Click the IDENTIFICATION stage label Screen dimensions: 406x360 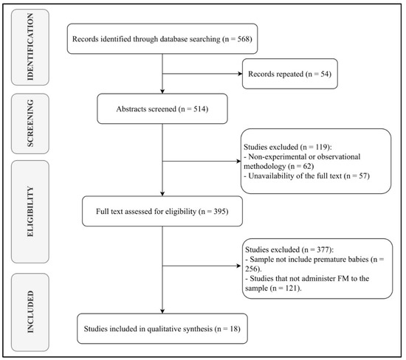click(30, 46)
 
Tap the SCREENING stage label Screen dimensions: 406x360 click(30, 123)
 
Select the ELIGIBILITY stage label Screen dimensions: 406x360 click(30, 212)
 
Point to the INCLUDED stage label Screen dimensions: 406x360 click(30, 312)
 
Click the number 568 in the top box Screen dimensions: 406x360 click(244, 39)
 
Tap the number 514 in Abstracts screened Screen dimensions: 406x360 click(199, 109)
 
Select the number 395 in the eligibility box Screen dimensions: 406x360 click(219, 212)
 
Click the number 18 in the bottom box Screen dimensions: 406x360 click(234, 329)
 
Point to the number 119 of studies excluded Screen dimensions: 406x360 click(321, 147)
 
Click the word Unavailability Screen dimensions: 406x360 click(269, 176)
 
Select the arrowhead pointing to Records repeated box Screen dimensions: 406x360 click(240, 74)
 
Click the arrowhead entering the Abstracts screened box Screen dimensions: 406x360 click(162, 91)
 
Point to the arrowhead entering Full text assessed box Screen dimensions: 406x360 click(162, 194)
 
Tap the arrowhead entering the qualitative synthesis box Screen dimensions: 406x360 click(162, 311)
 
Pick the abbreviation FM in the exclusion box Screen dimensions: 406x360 click(343, 279)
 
